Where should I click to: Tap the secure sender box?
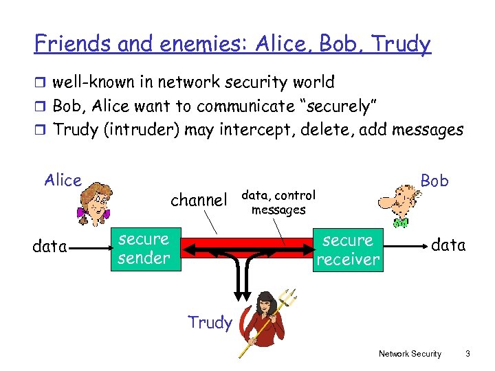point(144,249)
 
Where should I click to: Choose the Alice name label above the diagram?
point(63,181)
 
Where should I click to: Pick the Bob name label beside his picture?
point(434,181)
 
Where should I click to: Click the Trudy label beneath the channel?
point(210,323)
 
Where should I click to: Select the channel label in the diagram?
point(199,200)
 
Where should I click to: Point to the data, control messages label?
point(278,203)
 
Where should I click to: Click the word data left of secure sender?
point(49,246)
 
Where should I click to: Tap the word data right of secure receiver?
point(448,245)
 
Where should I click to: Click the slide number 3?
point(467,354)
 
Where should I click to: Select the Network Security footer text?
point(410,354)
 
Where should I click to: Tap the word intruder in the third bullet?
point(145,130)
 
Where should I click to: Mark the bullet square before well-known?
point(41,83)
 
